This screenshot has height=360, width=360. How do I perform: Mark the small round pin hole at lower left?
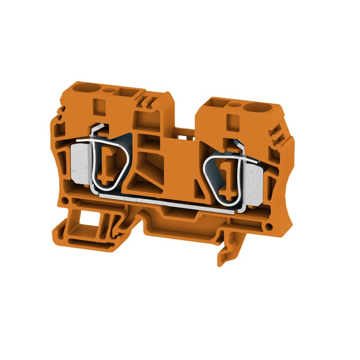(67, 196)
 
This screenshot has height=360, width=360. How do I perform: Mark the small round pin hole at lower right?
(269, 225)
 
